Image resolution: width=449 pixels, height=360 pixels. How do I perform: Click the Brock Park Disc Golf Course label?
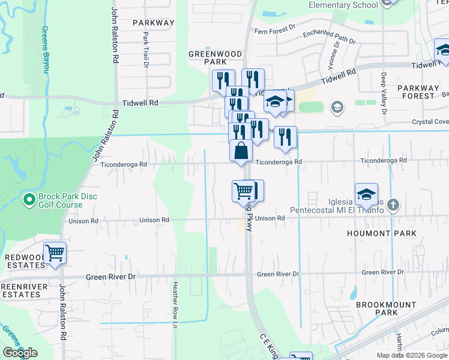coord(67,201)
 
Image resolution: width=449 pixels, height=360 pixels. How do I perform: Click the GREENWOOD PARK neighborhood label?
coord(207,58)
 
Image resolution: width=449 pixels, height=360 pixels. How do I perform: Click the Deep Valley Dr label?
coord(384,93)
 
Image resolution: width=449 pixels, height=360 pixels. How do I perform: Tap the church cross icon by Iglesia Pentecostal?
coord(393,205)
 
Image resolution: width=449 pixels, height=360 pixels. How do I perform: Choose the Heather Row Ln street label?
coord(175,305)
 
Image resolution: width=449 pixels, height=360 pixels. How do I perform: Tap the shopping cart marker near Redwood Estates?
coord(55,253)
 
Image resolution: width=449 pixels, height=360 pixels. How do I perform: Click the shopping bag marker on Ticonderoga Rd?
coord(241,150)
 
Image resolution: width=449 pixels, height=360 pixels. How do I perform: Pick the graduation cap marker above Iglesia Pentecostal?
coord(366,194)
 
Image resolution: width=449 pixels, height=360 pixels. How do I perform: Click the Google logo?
coord(20,353)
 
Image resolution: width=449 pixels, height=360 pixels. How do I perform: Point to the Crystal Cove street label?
coord(430,122)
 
